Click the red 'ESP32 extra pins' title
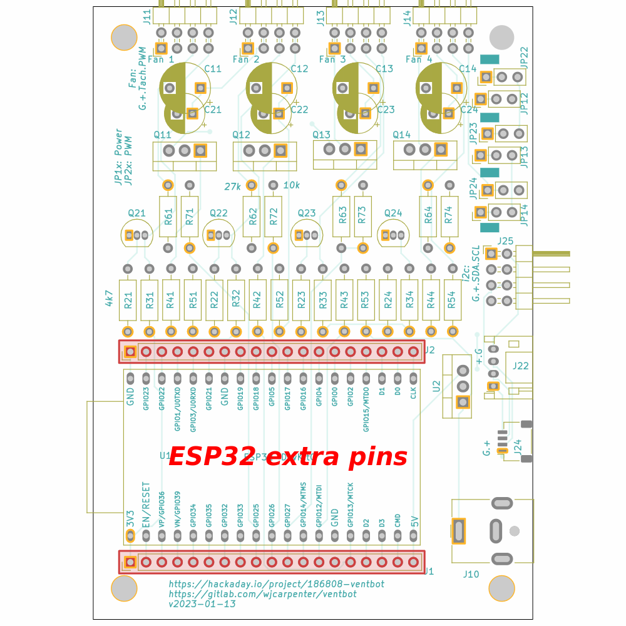288,456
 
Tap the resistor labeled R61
168,217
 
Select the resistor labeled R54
452,300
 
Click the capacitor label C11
213,69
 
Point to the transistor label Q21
136,213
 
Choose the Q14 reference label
402,135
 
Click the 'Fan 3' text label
332,59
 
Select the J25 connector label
505,241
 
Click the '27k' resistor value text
232,186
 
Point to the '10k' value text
292,185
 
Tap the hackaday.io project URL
276,584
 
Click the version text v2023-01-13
202,604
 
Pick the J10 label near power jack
471,574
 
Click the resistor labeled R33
323,300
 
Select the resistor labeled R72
273,217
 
